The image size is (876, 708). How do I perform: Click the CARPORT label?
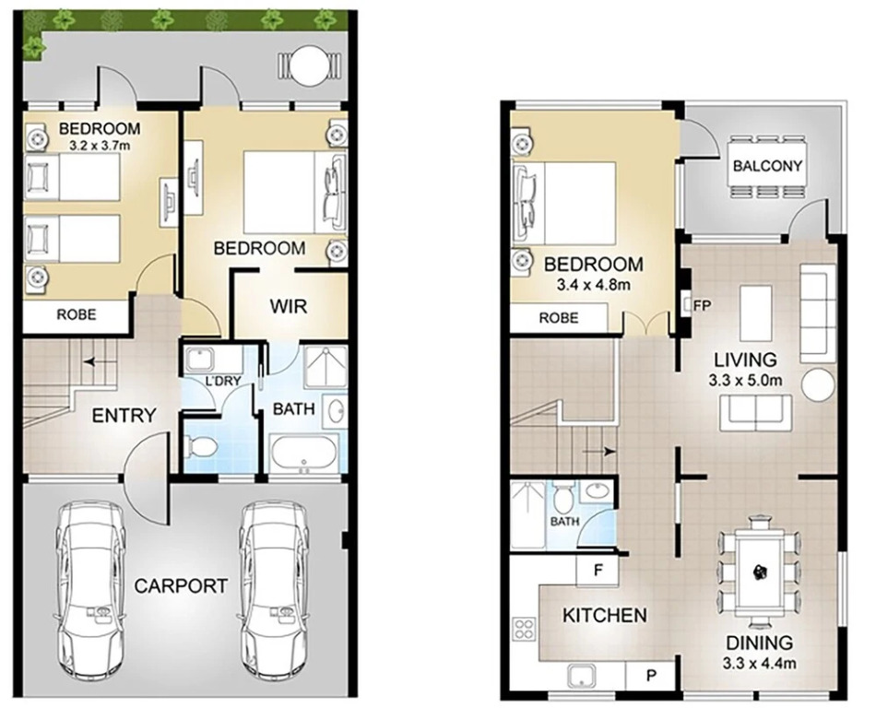(x=181, y=585)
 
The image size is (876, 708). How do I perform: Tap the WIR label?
(x=289, y=306)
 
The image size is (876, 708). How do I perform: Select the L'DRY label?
(x=223, y=381)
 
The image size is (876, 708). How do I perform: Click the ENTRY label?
(x=124, y=416)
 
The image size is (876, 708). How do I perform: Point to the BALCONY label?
(x=767, y=166)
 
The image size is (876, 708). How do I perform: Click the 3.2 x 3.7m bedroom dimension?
(x=100, y=146)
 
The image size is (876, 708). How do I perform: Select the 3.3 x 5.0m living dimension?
(x=745, y=381)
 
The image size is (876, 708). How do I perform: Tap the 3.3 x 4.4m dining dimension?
(x=759, y=664)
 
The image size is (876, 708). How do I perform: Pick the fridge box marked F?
(x=598, y=571)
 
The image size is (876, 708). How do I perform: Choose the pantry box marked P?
(x=651, y=676)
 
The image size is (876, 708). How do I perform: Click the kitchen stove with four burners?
(x=524, y=628)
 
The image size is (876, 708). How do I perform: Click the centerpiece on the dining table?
(x=760, y=571)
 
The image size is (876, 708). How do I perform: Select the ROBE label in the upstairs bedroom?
(x=559, y=318)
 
